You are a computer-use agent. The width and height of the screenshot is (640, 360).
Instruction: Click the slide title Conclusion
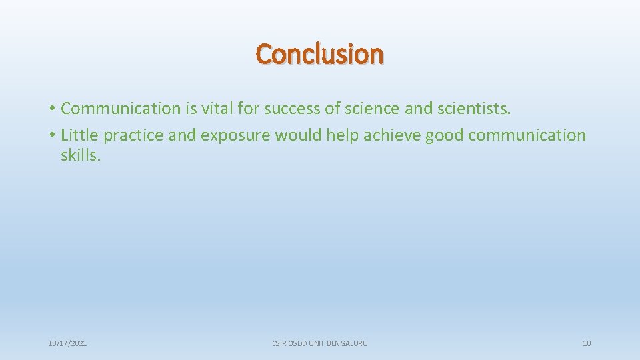320,54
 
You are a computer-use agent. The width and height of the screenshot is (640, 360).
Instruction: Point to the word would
298,135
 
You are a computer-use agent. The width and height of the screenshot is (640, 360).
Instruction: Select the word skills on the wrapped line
80,155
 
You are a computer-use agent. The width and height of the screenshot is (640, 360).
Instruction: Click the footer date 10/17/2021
67,343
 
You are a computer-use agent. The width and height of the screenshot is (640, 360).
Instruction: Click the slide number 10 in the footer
587,343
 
